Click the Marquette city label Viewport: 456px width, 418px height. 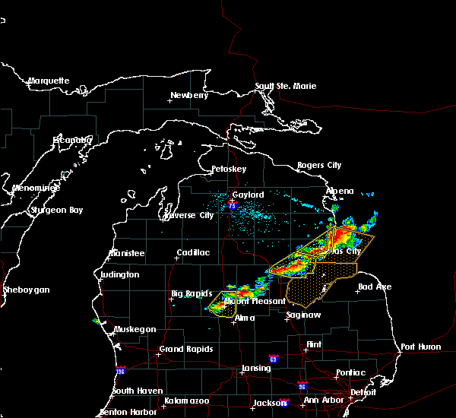[49, 81]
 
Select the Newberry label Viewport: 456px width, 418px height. [189, 95]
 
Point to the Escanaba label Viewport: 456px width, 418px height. [72, 140]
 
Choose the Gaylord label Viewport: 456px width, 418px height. [248, 195]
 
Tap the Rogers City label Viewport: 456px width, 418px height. [319, 165]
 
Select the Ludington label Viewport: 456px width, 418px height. [119, 274]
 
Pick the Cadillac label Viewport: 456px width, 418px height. [193, 252]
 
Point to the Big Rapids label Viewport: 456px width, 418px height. [188, 293]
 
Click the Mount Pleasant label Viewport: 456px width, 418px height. [247, 301]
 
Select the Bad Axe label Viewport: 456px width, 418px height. [375, 287]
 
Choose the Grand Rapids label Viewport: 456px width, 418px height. [185, 350]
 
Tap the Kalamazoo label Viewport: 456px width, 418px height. [186, 401]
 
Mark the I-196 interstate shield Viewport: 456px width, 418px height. [120, 370]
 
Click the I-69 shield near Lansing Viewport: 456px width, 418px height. [272, 358]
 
